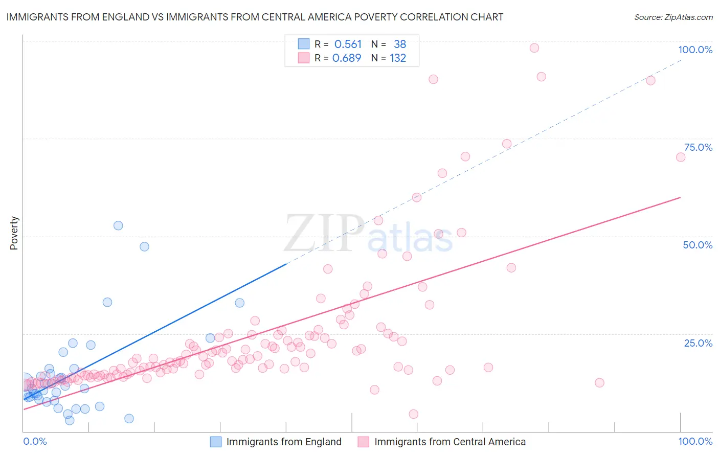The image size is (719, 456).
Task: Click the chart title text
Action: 255,17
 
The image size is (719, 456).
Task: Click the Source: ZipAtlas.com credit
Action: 673,17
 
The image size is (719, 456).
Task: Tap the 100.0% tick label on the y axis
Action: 695,50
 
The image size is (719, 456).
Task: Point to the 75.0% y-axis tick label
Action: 698,147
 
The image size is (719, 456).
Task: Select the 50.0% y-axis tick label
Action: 698,245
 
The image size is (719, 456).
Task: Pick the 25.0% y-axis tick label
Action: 698,343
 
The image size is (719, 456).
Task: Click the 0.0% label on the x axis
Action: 35,441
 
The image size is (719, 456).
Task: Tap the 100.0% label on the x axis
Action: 695,441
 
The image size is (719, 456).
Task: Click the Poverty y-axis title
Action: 14,233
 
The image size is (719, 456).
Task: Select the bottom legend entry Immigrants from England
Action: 284,442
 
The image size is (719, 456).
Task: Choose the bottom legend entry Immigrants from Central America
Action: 450,442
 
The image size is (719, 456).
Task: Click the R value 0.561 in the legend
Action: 348,44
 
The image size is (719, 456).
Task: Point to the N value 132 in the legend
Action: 398,58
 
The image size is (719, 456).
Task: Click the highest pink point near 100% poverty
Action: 534,48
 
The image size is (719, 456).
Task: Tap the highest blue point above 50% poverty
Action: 118,225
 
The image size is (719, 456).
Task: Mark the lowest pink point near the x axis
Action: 414,414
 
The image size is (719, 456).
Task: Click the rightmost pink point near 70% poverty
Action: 681,157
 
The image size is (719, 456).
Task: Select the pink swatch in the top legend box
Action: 304,58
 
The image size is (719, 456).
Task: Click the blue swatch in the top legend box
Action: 304,44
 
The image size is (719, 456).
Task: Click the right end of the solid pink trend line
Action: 681,197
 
